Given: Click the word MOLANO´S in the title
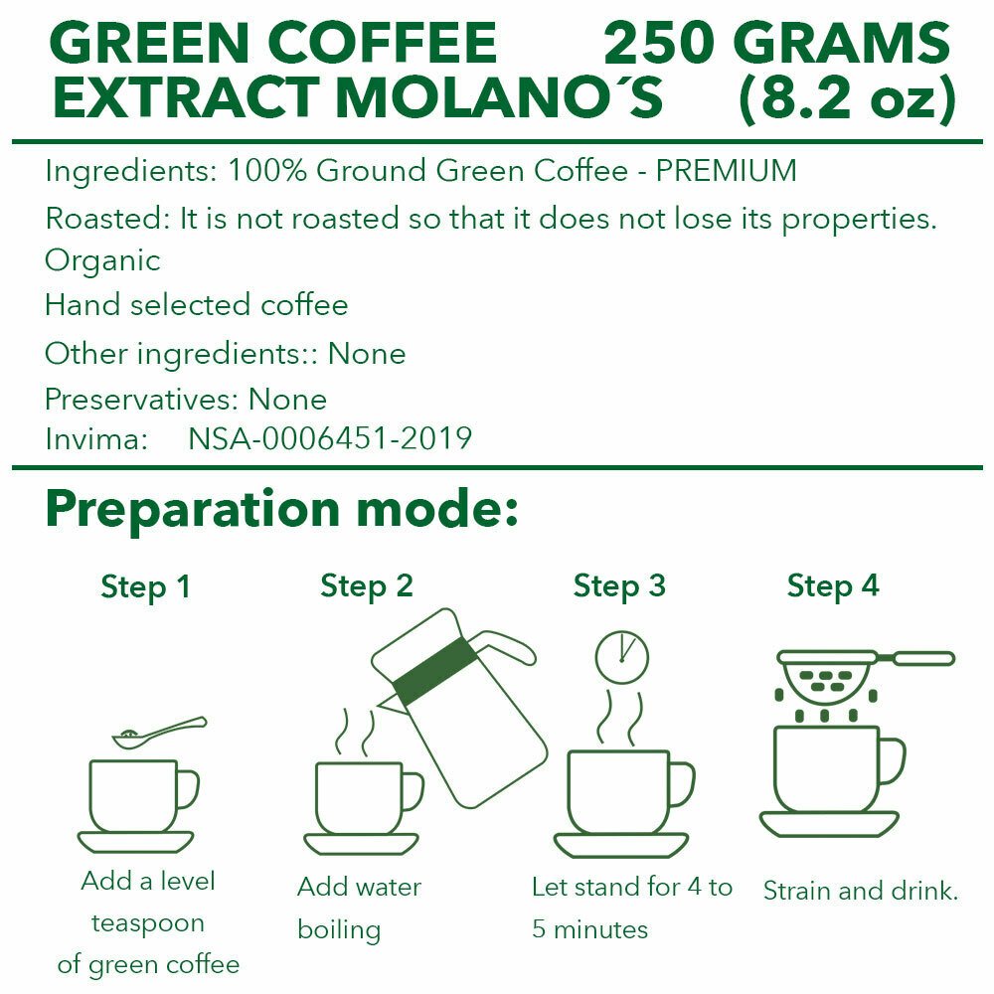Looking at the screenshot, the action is tap(500, 97).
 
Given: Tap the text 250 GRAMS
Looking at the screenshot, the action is tap(776, 43).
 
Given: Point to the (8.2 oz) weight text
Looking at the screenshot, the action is tap(848, 98).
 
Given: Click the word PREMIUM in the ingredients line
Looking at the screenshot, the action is tap(727, 171).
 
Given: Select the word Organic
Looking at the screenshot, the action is tap(102, 261).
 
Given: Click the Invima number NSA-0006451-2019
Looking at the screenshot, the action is tap(330, 438).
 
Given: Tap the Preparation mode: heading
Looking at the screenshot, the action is tap(282, 510).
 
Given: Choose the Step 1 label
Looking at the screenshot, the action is tap(146, 587).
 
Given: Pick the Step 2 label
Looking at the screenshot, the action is tap(367, 585).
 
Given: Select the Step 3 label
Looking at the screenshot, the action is tap(619, 585).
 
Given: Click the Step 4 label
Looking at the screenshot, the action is tap(833, 585).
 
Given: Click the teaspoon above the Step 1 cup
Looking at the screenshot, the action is tap(159, 733).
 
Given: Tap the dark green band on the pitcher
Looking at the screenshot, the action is tap(434, 671).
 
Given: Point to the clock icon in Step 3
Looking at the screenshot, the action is tap(622, 657).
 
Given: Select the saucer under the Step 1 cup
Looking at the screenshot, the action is tap(135, 843).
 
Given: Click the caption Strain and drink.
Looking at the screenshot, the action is tap(860, 891).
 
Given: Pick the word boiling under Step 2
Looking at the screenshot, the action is tap(339, 930).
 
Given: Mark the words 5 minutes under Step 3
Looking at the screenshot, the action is tap(590, 930).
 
